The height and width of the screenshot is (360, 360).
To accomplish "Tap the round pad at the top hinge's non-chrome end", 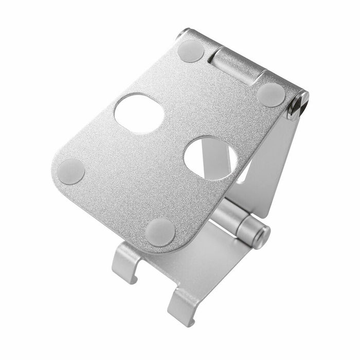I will pos(191,51).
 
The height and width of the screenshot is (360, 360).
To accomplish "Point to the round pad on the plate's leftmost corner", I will pos(71,171).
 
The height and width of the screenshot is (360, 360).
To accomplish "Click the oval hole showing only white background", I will pos(139,114).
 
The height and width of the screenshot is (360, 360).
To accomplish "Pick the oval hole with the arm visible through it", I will pos(211,158).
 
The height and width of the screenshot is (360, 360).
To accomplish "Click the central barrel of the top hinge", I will pos(235,65).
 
